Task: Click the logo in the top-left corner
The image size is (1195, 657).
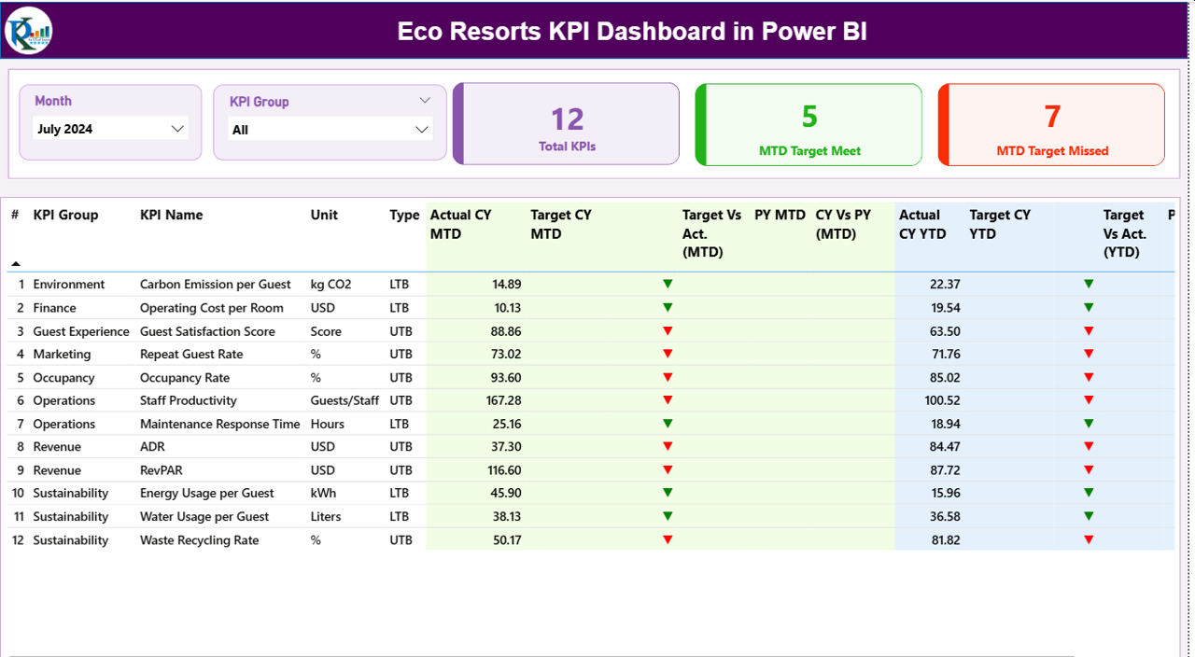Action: pos(28,31)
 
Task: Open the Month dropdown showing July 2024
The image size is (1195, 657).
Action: pos(110,129)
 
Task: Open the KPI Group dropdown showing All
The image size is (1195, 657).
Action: pos(330,130)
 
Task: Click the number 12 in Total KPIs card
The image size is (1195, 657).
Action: pos(567,119)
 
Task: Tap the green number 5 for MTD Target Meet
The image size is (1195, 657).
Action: pos(808,116)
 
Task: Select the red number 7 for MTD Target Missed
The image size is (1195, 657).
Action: pos(1052,116)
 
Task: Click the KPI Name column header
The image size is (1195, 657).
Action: pos(171,215)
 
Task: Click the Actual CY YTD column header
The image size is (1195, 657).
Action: pos(920,224)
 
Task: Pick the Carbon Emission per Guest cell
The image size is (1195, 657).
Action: pos(215,285)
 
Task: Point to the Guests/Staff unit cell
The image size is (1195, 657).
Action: pos(344,400)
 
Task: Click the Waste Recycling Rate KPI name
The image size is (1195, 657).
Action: pos(199,540)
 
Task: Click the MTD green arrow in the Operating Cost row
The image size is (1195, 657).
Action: pos(668,307)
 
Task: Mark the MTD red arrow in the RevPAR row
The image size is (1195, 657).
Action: pos(668,469)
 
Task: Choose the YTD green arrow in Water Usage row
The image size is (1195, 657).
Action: pos(1089,516)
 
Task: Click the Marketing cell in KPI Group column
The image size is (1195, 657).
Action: pos(62,355)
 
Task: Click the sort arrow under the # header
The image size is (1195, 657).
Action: pos(16,264)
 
